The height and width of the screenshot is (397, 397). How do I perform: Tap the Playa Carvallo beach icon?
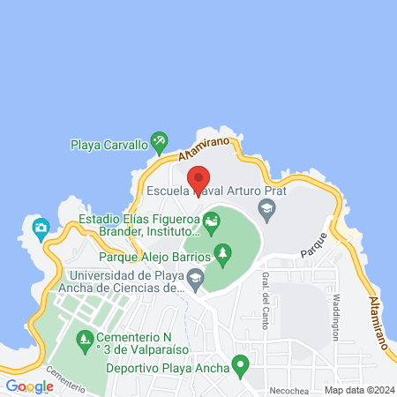(159, 139)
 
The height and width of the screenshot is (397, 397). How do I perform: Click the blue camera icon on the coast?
(40, 228)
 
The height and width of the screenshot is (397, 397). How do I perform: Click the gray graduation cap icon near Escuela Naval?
(265, 208)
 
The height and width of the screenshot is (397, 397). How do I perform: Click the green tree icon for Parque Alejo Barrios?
(223, 255)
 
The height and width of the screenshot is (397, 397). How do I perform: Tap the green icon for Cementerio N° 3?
(85, 337)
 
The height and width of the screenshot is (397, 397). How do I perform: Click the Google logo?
(29, 386)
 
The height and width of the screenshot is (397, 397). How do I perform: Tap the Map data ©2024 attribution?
(358, 389)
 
